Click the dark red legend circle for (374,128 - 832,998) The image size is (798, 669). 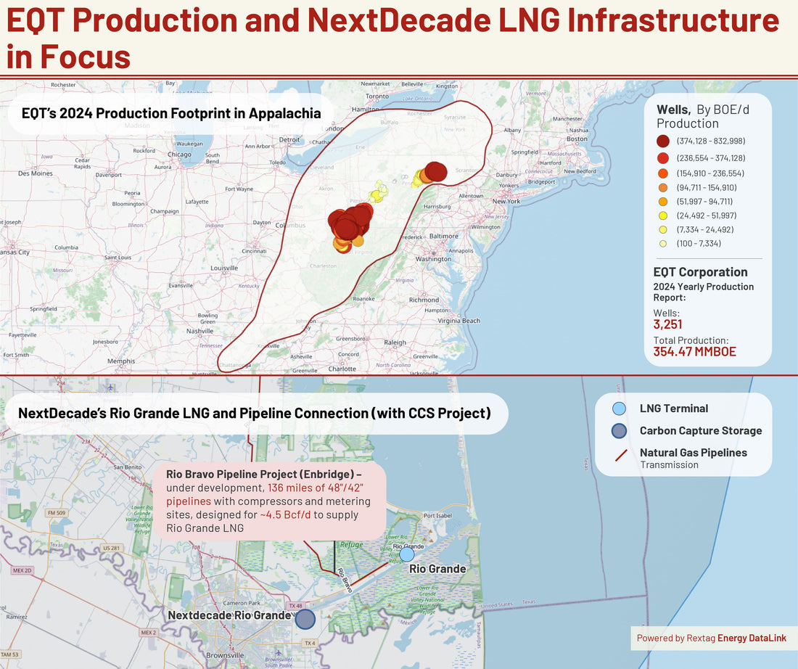pos(663,141)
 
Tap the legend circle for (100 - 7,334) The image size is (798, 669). pos(663,243)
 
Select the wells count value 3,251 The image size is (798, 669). pos(667,324)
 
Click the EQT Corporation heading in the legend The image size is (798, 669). pos(700,272)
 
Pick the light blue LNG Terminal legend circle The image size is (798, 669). pos(619,409)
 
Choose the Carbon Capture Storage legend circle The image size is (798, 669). pos(619,430)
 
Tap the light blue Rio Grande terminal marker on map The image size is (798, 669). pos(407,554)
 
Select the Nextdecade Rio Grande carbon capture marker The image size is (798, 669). pos(305,618)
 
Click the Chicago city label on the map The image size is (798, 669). pos(179,155)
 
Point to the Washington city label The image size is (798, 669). pos(434,259)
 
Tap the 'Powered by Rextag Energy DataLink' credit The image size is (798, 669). pos(712,638)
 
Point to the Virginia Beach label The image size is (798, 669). pos(458,320)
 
